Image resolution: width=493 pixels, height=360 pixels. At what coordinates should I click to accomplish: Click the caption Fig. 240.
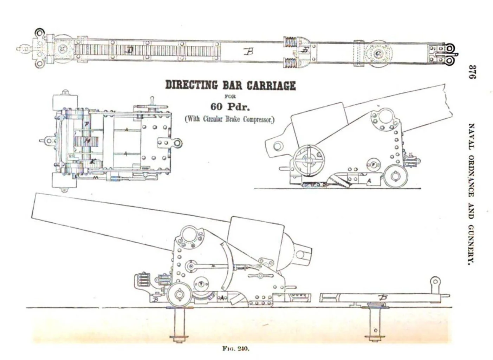click(235, 349)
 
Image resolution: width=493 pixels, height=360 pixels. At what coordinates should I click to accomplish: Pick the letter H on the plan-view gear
click(84, 140)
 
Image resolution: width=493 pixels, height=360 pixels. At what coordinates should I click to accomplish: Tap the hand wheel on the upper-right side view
click(309, 161)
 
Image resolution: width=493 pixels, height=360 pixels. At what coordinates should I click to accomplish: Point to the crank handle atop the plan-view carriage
click(153, 102)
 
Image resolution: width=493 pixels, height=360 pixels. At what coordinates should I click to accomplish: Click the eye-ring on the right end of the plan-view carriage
click(177, 143)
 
